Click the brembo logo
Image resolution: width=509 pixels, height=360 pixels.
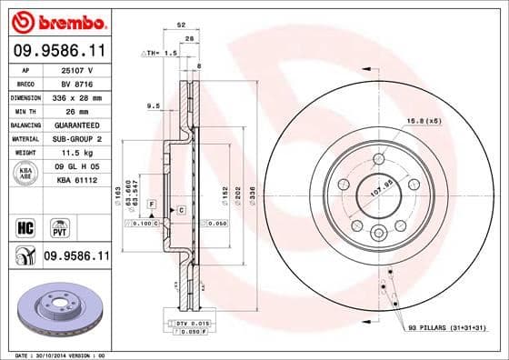click(x=56, y=20)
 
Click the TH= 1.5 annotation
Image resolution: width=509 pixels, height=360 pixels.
click(x=160, y=54)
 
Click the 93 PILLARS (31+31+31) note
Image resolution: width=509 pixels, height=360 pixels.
click(x=445, y=327)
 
